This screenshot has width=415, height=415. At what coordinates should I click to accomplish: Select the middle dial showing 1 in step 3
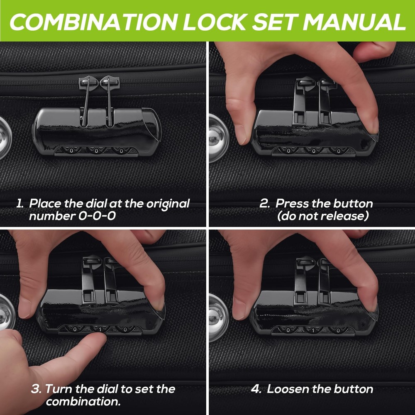[100, 329]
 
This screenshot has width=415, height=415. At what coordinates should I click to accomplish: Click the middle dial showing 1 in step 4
[313, 330]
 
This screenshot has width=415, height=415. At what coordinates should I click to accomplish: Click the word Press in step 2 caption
[291, 203]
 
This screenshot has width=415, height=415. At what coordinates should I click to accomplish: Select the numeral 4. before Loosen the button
[256, 389]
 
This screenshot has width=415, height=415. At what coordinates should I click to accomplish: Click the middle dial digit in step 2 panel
[313, 151]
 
